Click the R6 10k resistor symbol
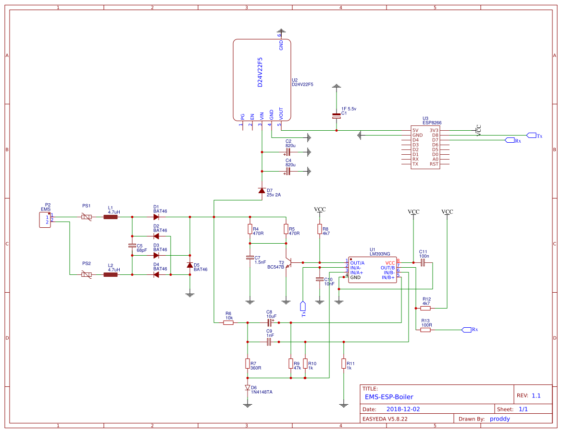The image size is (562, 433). (228, 323)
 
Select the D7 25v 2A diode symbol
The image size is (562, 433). (262, 191)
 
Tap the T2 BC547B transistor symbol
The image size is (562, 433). (288, 262)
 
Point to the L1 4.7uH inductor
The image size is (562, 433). (111, 217)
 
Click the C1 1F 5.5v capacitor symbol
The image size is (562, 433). (337, 116)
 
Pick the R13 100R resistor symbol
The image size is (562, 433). (425, 330)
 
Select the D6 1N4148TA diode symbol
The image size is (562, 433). (248, 387)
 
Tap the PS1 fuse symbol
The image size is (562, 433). (87, 217)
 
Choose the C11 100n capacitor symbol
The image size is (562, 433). (423, 263)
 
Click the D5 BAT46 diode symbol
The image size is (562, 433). (189, 265)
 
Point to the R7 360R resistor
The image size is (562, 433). (248, 363)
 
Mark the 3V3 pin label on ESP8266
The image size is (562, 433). (434, 130)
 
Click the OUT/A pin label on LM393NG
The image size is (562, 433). (357, 263)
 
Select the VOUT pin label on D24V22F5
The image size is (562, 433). (281, 113)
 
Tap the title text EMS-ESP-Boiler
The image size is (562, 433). (389, 397)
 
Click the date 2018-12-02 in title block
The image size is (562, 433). (403, 409)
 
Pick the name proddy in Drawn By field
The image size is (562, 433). (500, 419)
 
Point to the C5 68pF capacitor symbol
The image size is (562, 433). (132, 246)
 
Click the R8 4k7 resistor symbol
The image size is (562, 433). (319, 229)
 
